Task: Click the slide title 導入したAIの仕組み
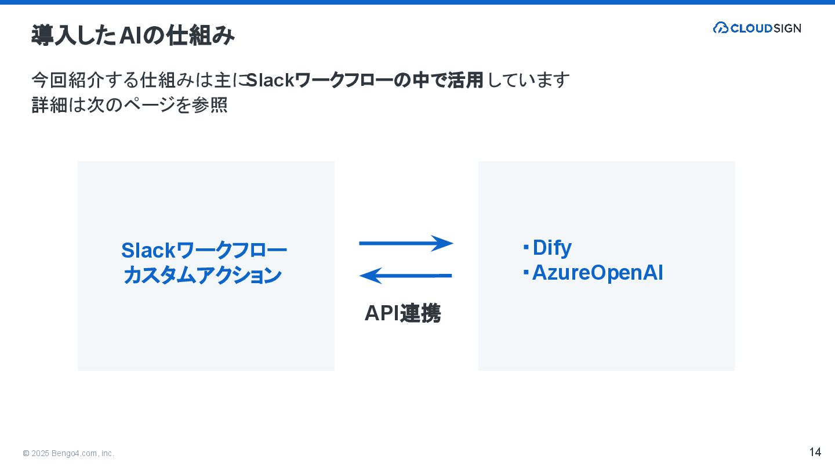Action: click(133, 35)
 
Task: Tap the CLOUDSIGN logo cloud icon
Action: click(720, 28)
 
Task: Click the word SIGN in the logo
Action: click(787, 28)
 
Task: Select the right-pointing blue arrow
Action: click(406, 243)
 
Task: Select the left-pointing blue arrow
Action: click(406, 276)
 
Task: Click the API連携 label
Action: click(402, 313)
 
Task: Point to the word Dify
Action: click(551, 248)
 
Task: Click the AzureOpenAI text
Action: click(597, 272)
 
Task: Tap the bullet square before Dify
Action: click(526, 248)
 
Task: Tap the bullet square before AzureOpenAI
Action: click(526, 272)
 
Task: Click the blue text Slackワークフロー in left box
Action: click(204, 251)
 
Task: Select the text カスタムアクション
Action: click(203, 275)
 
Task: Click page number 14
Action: click(815, 452)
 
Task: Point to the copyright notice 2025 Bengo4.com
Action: click(72, 453)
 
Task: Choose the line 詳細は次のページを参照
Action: click(129, 105)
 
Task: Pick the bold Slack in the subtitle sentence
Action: click(271, 80)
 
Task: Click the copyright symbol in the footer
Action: click(26, 453)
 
